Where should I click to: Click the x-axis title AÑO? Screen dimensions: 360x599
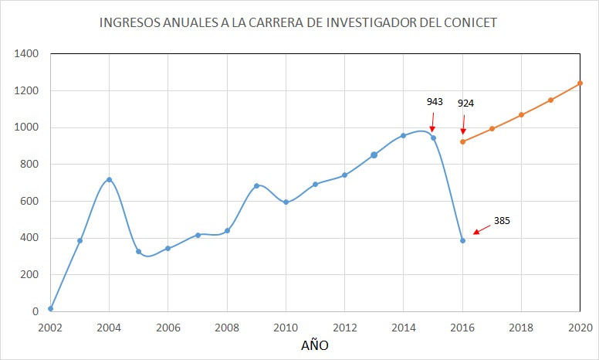314,345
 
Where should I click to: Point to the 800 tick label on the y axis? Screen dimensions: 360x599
29,165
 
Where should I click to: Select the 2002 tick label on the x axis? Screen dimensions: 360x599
50,327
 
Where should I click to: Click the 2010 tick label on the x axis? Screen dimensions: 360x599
286,327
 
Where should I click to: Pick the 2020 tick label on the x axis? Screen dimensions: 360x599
579,327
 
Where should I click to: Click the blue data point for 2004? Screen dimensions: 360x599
109,179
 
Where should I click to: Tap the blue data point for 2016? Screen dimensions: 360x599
462,240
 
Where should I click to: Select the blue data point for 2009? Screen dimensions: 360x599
256,185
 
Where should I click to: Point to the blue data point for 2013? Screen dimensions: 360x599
374,155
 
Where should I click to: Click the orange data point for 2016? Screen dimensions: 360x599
462,141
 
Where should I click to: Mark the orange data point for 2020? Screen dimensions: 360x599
580,83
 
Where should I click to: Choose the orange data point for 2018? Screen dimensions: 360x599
521,115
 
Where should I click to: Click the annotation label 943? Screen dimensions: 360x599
435,101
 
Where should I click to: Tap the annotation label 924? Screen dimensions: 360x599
465,103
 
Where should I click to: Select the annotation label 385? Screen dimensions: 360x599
502,220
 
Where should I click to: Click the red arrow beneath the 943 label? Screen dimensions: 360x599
432,122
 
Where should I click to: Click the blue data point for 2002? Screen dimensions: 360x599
50,308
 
